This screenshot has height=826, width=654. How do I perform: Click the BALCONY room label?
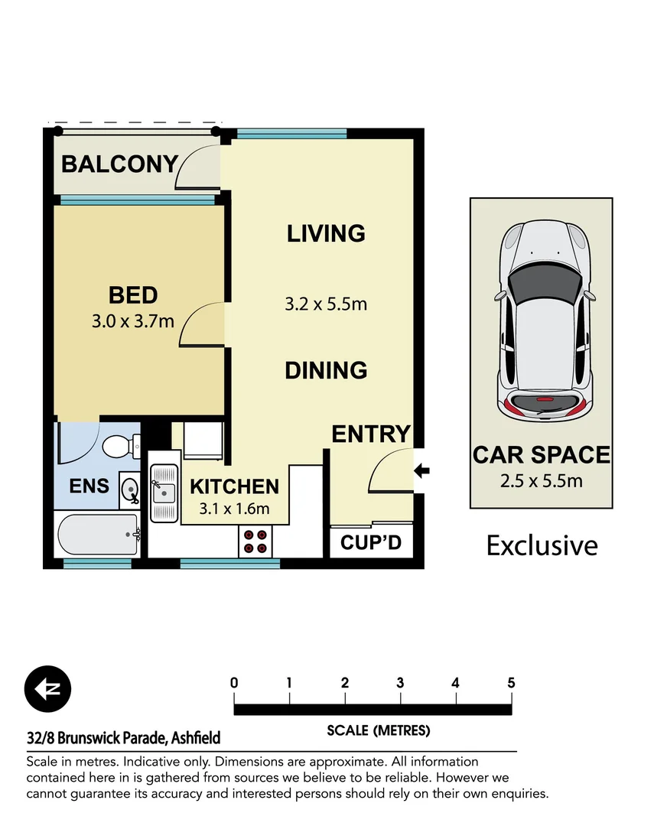coord(119,164)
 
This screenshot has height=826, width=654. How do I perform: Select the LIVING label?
coord(326,233)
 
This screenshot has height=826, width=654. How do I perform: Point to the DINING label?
coord(326,370)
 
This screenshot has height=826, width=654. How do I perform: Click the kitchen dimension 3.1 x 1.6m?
coord(234,509)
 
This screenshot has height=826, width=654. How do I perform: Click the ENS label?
coord(89,486)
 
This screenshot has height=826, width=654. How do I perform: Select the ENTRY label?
coord(371,434)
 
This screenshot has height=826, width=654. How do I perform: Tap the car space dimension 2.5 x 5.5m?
coord(541,481)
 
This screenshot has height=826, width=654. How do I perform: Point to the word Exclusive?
coord(542,545)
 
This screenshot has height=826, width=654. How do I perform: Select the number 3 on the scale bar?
coord(400,683)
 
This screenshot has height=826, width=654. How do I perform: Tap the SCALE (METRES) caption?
coord(378,730)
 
